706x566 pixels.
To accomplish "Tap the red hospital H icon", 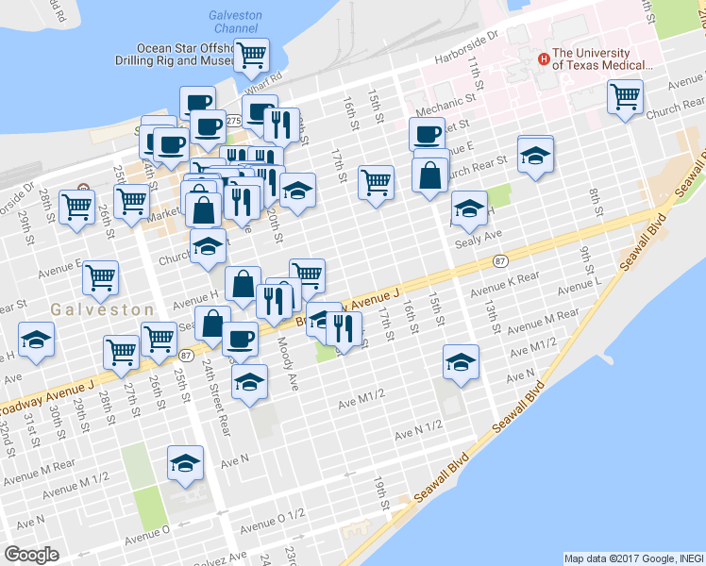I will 543,58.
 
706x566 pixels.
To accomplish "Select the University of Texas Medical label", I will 602,59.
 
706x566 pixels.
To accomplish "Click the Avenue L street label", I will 580,283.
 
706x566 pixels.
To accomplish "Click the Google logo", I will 31,555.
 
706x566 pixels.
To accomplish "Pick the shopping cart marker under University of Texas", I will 625,96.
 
